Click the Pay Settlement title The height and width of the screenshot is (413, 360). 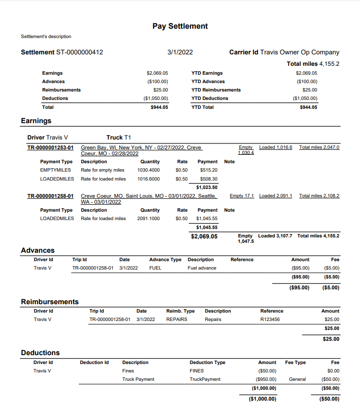pyautogui.click(x=180, y=26)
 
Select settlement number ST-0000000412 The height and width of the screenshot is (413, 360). pyautogui.click(x=80, y=52)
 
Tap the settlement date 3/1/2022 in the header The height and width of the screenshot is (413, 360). pyautogui.click(x=180, y=52)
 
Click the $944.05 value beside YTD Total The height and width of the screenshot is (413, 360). pyautogui.click(x=309, y=107)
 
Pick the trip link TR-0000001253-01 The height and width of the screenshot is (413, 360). pyautogui.click(x=50, y=147)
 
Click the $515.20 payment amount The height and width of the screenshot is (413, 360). pyautogui.click(x=208, y=170)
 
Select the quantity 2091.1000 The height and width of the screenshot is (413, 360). pyautogui.click(x=148, y=219)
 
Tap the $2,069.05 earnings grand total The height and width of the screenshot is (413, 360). pyautogui.click(x=204, y=236)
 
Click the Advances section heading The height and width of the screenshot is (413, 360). pyautogui.click(x=38, y=250)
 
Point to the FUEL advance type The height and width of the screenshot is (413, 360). pyautogui.click(x=155, y=268)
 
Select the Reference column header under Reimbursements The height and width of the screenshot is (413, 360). pyautogui.click(x=272, y=311)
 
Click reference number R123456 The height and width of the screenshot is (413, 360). pyautogui.click(x=270, y=320)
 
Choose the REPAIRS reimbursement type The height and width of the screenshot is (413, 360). pyautogui.click(x=177, y=320)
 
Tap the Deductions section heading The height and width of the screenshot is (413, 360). pyautogui.click(x=40, y=353)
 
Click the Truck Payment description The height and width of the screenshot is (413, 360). pyautogui.click(x=138, y=379)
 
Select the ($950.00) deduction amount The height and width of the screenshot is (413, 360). pyautogui.click(x=267, y=379)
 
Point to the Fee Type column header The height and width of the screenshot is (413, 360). pyautogui.click(x=295, y=363)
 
